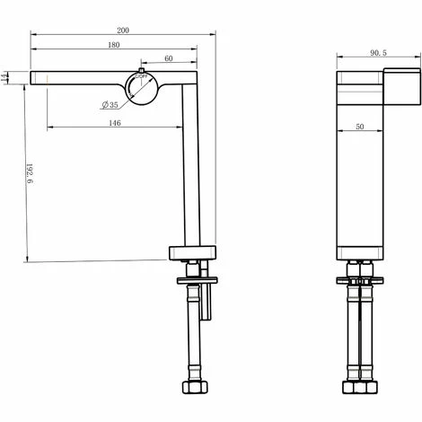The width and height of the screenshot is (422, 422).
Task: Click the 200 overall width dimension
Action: (122, 31)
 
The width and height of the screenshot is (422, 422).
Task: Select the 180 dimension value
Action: (114, 46)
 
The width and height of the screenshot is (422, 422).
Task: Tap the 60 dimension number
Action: (169, 60)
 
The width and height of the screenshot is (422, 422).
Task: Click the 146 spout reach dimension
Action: (114, 121)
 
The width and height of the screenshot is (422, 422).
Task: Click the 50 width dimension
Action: (358, 127)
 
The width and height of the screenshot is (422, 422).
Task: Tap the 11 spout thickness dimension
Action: (8, 77)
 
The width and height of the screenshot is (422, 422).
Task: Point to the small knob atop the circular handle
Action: (142, 70)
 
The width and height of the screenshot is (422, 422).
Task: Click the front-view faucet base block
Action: (192, 251)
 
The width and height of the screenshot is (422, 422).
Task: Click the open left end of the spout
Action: (33, 77)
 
